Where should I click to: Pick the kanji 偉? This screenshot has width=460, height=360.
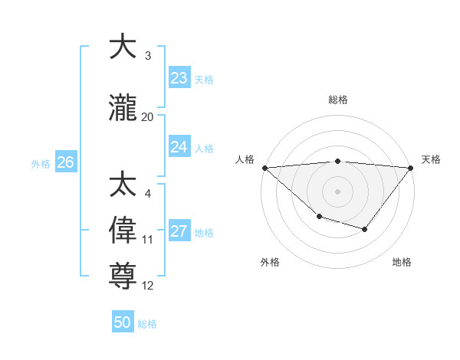(x=123, y=230)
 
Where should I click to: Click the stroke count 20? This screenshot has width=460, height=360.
(x=148, y=117)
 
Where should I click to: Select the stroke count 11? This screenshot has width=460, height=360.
(x=148, y=240)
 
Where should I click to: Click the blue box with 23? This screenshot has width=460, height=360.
(x=179, y=78)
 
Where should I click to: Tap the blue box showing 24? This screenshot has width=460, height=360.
(x=179, y=147)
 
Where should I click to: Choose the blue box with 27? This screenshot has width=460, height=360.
(x=179, y=231)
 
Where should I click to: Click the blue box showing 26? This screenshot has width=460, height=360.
(x=66, y=162)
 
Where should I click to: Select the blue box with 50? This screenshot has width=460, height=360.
(x=123, y=322)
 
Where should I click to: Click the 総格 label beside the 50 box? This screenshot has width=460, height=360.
(x=148, y=324)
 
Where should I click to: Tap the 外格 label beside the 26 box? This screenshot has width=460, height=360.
(x=41, y=163)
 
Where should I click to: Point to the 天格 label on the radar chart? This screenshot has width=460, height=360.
(x=432, y=159)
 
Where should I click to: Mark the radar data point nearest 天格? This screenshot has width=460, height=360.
(x=411, y=168)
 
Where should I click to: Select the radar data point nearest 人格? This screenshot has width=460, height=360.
(x=264, y=168)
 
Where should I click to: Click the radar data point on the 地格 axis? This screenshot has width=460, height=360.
(x=365, y=229)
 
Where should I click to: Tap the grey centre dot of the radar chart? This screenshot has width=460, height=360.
(x=337, y=191)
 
